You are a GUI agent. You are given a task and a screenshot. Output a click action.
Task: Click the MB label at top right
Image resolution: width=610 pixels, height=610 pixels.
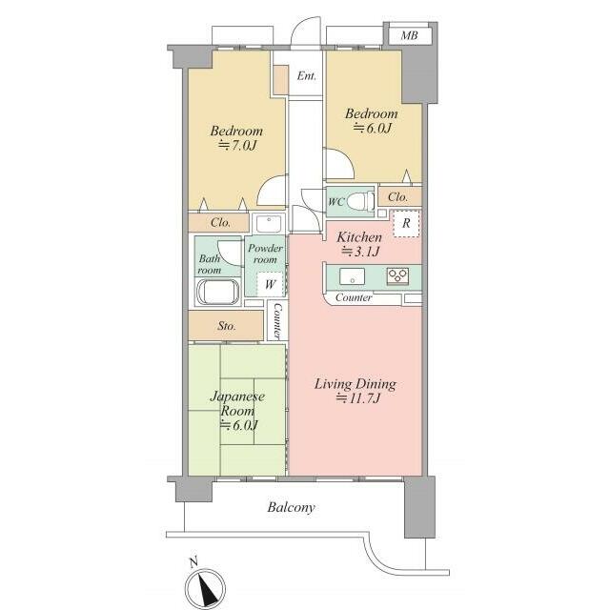coord(409,36)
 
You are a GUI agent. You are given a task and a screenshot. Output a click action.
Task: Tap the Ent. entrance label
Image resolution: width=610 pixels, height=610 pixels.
coord(307,75)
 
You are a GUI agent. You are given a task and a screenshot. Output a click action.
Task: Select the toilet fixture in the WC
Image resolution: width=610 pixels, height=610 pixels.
coord(358,201)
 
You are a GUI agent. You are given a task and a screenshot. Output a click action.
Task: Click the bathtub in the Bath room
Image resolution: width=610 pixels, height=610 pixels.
coord(218,292)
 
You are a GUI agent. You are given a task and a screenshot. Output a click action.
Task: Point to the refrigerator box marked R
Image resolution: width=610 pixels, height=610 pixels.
coord(407,223)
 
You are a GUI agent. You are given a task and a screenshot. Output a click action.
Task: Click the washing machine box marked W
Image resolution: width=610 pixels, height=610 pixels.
coord(270,284)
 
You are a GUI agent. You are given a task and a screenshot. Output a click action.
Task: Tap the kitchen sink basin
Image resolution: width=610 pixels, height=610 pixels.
coord(353,276)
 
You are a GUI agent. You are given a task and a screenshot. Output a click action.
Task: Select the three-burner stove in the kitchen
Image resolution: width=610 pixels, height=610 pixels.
coord(397,276)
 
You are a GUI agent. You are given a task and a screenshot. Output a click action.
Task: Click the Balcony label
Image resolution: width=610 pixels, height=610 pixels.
coord(291,507)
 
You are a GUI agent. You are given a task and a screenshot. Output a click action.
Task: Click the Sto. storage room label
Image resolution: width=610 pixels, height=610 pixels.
coord(227,325)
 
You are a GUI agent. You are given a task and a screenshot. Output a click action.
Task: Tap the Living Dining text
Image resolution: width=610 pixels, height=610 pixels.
coord(356,384)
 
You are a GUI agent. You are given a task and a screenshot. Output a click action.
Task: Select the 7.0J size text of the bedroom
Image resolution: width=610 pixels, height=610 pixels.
coord(237,146)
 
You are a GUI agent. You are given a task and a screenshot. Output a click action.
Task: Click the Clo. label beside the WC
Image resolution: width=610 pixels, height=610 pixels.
coord(397,197)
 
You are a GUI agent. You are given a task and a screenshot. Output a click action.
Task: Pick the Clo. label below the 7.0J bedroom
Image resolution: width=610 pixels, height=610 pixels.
coord(220,222)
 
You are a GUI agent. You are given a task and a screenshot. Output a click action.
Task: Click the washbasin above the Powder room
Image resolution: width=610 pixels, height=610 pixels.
coord(269,224)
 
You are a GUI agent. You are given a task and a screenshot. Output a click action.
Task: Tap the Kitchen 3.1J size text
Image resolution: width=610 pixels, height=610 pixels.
coord(360,252)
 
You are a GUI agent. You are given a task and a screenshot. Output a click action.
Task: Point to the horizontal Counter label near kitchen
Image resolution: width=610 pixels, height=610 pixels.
coord(354,298)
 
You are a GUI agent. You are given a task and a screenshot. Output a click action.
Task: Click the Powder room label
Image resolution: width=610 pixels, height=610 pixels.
coord(265,254)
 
